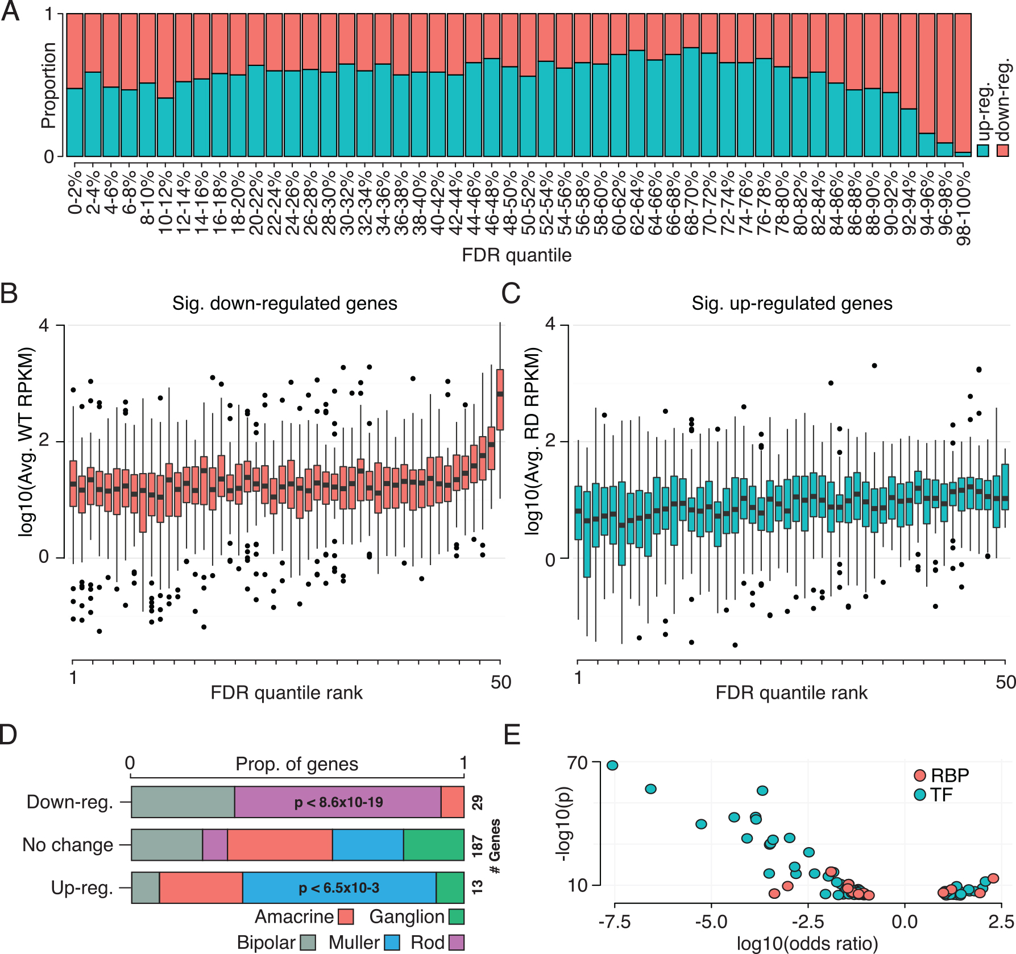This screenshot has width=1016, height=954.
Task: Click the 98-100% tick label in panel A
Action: pyautogui.click(x=964, y=208)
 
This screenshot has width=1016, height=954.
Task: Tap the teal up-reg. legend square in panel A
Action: pyautogui.click(x=983, y=151)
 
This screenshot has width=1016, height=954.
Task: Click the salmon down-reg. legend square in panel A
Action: pyautogui.click(x=1002, y=151)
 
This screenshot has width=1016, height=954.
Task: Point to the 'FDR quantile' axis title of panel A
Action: pyautogui.click(x=516, y=255)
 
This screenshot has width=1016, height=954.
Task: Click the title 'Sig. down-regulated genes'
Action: pyautogui.click(x=284, y=303)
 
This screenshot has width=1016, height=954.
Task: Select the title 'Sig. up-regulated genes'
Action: pyautogui.click(x=791, y=303)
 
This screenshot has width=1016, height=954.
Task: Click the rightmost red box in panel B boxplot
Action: pyautogui.click(x=500, y=400)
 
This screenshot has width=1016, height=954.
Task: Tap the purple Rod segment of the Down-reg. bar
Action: pyautogui.click(x=338, y=802)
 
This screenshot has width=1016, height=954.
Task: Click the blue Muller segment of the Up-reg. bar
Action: pyautogui.click(x=339, y=887)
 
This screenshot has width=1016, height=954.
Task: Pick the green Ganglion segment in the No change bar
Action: pyautogui.click(x=434, y=845)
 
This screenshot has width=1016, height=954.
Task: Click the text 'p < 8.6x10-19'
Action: pyautogui.click(x=338, y=802)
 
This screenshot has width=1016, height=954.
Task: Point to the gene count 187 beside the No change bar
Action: pyautogui.click(x=477, y=845)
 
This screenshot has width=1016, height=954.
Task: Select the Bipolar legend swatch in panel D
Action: pyautogui.click(x=308, y=942)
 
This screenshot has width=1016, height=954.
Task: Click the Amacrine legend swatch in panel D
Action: pyautogui.click(x=346, y=916)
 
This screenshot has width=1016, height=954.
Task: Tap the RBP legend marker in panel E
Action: pyautogui.click(x=920, y=775)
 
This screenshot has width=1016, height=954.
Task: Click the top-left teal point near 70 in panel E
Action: pyautogui.click(x=612, y=765)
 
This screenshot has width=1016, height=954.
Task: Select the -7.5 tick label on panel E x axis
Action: pyautogui.click(x=614, y=922)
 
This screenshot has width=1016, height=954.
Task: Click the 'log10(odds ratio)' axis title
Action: pyautogui.click(x=807, y=944)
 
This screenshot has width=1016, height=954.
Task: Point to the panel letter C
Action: pyautogui.click(x=511, y=293)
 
